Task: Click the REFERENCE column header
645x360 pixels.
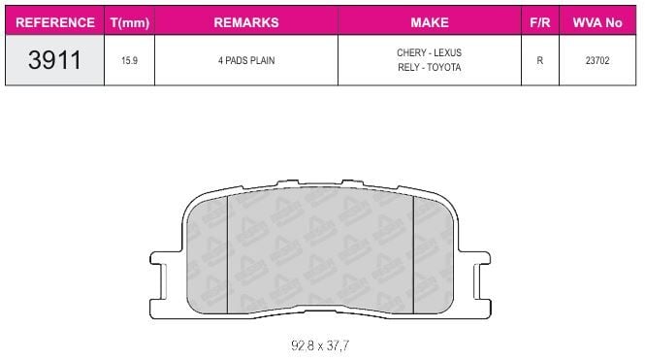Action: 55,22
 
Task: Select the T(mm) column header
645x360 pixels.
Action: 130,22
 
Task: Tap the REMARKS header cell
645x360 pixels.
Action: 246,22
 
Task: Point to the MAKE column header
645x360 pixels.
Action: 430,22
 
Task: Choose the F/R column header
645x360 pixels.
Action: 539,22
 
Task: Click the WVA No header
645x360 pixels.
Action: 597,22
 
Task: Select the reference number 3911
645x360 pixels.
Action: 54,60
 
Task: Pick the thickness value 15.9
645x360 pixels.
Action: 129,60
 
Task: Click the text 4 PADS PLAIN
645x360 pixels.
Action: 246,60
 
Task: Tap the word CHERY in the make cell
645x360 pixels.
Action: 411,52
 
